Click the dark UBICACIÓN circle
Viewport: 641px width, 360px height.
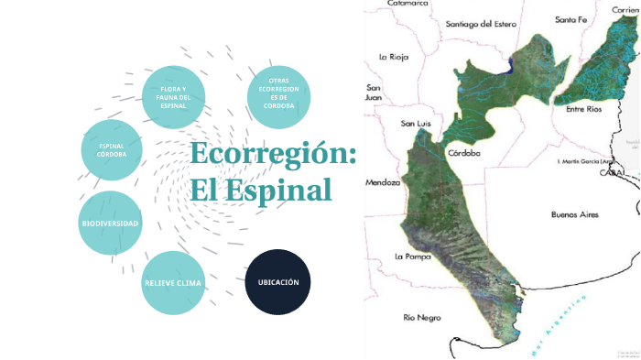pyautogui.click(x=278, y=281)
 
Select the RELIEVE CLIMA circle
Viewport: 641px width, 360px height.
pyautogui.click(x=173, y=282)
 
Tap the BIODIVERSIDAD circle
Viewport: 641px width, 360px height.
pyautogui.click(x=110, y=224)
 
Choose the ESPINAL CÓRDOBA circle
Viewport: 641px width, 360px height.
pyautogui.click(x=112, y=149)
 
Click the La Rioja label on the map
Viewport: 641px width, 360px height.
pyautogui.click(x=394, y=57)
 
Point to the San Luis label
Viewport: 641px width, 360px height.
pyautogui.click(x=417, y=122)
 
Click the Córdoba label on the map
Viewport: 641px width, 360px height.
pyautogui.click(x=464, y=153)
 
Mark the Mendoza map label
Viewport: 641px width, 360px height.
pyautogui.click(x=383, y=182)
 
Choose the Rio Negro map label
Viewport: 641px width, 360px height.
pyautogui.click(x=422, y=317)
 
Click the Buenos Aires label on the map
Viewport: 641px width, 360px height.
pyautogui.click(x=574, y=214)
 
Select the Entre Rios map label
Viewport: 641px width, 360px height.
pyautogui.click(x=584, y=109)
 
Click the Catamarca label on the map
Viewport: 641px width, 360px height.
pyautogui.click(x=408, y=4)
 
